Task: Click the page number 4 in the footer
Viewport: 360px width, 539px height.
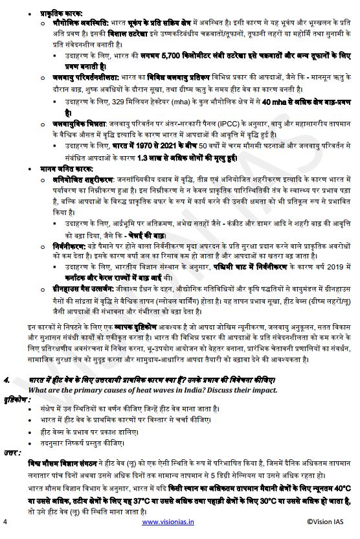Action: tap(5, 521)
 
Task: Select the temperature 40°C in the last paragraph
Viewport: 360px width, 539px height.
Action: tap(341, 487)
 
